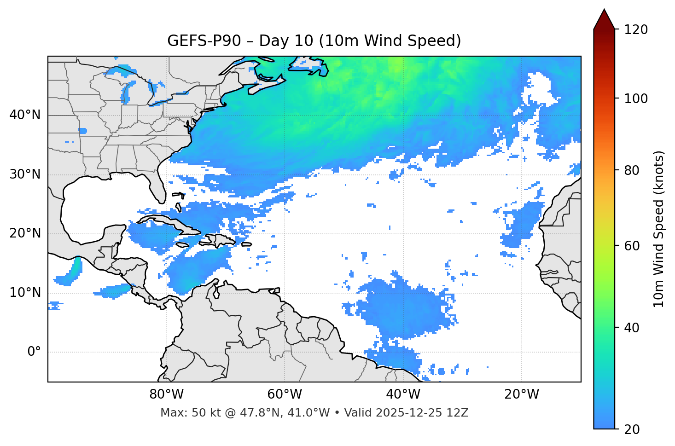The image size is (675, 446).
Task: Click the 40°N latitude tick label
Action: click(25, 115)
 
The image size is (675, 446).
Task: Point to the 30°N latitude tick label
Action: click(25, 174)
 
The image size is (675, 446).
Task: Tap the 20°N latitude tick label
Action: click(25, 233)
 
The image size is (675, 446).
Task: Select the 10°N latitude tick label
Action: click(25, 293)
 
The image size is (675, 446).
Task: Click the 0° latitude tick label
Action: click(34, 352)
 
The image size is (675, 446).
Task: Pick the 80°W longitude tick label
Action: click(166, 394)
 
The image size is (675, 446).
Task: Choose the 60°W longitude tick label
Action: click(285, 394)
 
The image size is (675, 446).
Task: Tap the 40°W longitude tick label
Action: click(403, 394)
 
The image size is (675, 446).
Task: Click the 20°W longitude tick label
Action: click(521, 394)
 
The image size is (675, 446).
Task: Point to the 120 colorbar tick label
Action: click(635, 30)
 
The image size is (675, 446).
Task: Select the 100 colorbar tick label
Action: click(635, 98)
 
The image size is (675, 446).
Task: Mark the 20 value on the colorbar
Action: click(632, 429)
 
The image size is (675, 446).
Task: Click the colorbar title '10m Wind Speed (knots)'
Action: click(659, 229)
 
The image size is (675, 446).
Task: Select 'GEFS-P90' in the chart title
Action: click(204, 41)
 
